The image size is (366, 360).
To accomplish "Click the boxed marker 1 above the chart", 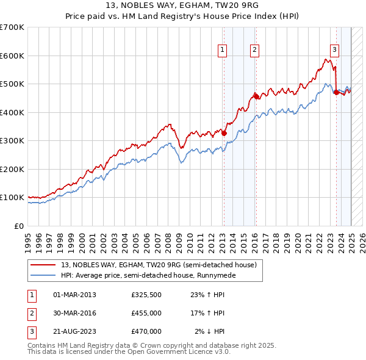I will tap(223, 50).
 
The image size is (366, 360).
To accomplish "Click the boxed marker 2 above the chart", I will tap(254, 50).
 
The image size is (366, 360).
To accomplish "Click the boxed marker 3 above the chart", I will tap(335, 50).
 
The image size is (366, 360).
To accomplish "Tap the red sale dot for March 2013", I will tap(224, 133).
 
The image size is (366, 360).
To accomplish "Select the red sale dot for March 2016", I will tap(256, 96).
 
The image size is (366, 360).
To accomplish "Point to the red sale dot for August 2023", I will tap(336, 92).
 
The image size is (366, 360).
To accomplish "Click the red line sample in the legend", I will tap(43, 265).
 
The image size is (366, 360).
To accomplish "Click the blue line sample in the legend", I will tap(43, 275).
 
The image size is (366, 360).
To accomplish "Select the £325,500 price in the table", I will tap(146, 295).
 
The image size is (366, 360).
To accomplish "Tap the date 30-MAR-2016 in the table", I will tap(75, 313).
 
